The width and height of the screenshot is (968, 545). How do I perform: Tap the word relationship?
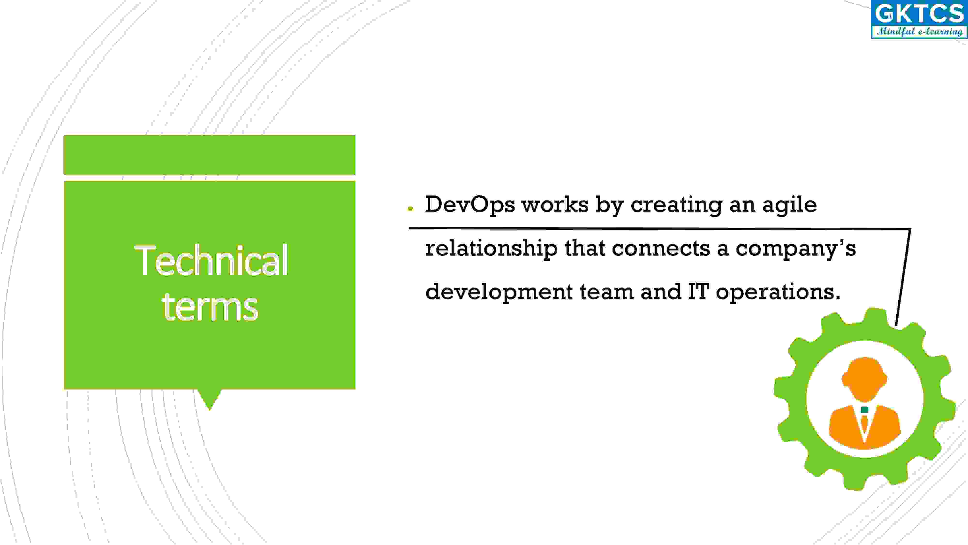[x=491, y=249]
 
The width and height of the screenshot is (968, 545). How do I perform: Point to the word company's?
[x=795, y=249]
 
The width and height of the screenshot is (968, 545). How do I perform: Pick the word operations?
[x=778, y=293]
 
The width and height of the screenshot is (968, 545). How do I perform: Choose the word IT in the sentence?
[x=698, y=291]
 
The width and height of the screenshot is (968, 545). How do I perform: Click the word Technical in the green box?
[x=212, y=260]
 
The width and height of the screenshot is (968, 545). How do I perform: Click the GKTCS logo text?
[x=919, y=14]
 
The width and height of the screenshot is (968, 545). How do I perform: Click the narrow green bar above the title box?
[x=209, y=155]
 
